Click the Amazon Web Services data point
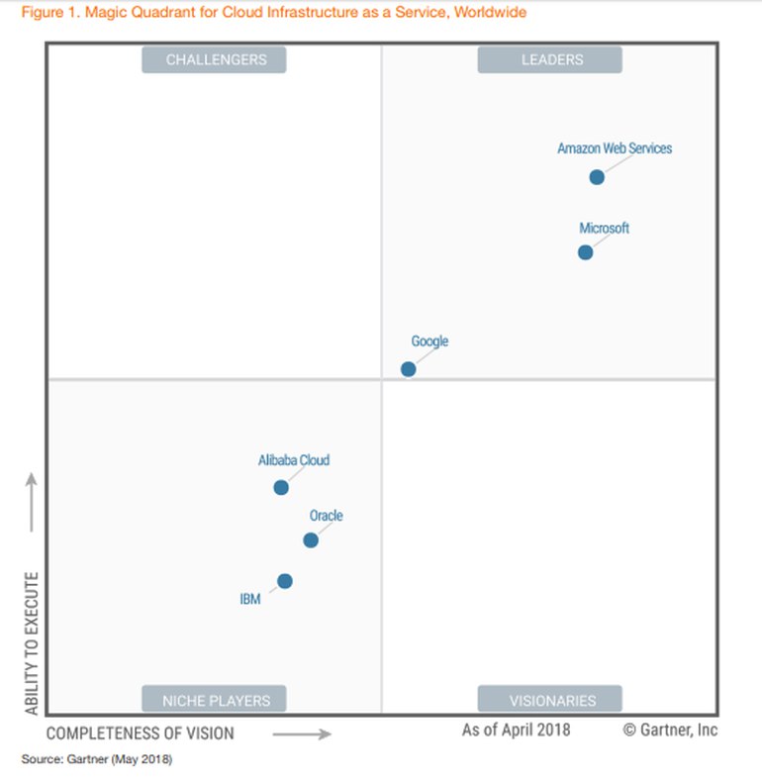[597, 177]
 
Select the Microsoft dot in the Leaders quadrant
[586, 252]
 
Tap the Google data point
[408, 369]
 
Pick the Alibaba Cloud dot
[281, 487]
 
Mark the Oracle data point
[311, 539]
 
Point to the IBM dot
[285, 581]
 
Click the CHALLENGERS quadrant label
[215, 59]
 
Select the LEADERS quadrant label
[551, 59]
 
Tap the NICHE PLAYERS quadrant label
[215, 700]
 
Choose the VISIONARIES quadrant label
[551, 700]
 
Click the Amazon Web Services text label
[615, 148]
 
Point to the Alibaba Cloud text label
[294, 460]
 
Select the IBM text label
[250, 599]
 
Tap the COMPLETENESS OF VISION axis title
[141, 733]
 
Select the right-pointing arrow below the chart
[301, 733]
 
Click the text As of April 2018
[516, 731]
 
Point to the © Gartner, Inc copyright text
[670, 731]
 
